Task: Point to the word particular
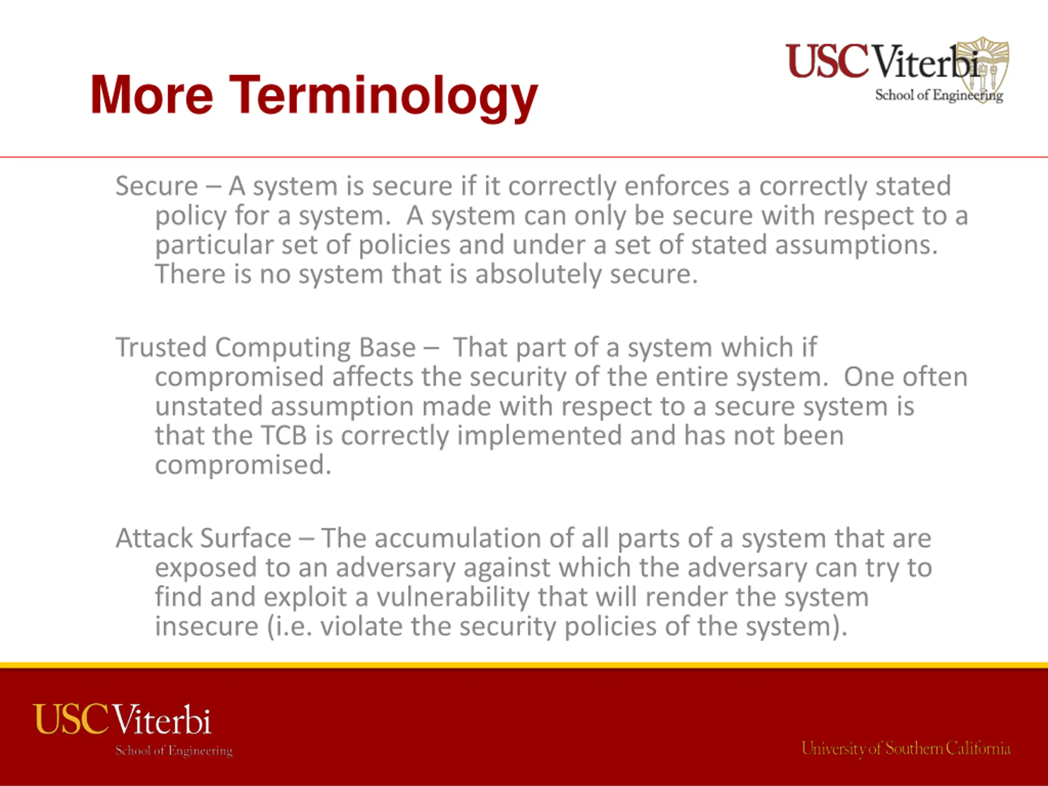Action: pos(214,245)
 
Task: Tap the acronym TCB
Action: pos(284,436)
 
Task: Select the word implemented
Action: pos(539,436)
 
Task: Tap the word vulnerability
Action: pos(452,597)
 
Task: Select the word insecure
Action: pos(207,626)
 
